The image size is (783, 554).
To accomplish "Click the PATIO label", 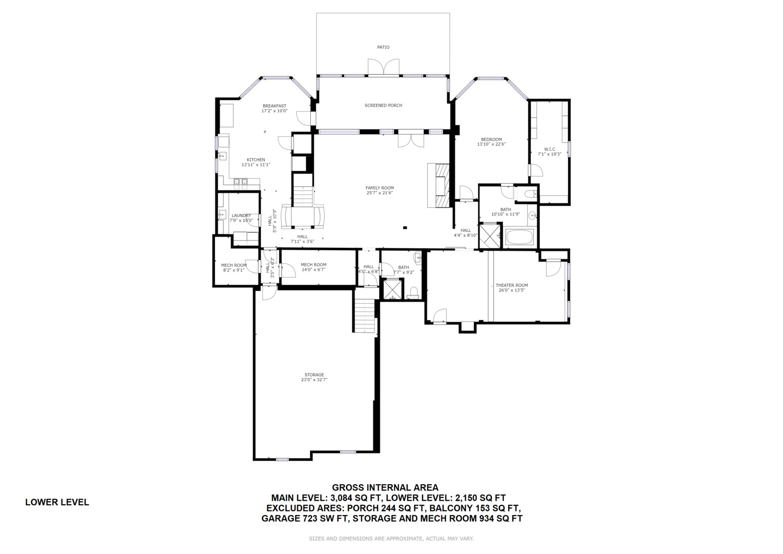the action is (383, 47).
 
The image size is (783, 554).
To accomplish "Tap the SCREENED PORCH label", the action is (384, 105).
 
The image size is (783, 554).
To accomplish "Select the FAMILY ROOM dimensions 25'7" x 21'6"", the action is (379, 193).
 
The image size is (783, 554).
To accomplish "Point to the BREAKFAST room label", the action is (274, 106).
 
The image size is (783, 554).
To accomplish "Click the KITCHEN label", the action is (256, 160).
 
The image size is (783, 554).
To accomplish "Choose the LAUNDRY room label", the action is (241, 215).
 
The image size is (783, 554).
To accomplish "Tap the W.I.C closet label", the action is (550, 149).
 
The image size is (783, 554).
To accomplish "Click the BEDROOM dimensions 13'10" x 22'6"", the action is (491, 144).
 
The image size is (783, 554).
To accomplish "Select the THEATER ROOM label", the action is (512, 285).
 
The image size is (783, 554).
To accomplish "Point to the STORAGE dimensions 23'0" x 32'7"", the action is (314, 380).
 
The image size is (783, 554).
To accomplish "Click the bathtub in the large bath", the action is (520, 237).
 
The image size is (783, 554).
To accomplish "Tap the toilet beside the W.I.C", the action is (530, 194).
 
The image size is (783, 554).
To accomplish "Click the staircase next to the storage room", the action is (365, 311).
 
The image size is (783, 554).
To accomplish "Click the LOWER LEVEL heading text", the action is (57, 502).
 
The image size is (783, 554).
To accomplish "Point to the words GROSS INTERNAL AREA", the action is (385, 487).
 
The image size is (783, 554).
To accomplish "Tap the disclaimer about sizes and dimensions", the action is (391, 539).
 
